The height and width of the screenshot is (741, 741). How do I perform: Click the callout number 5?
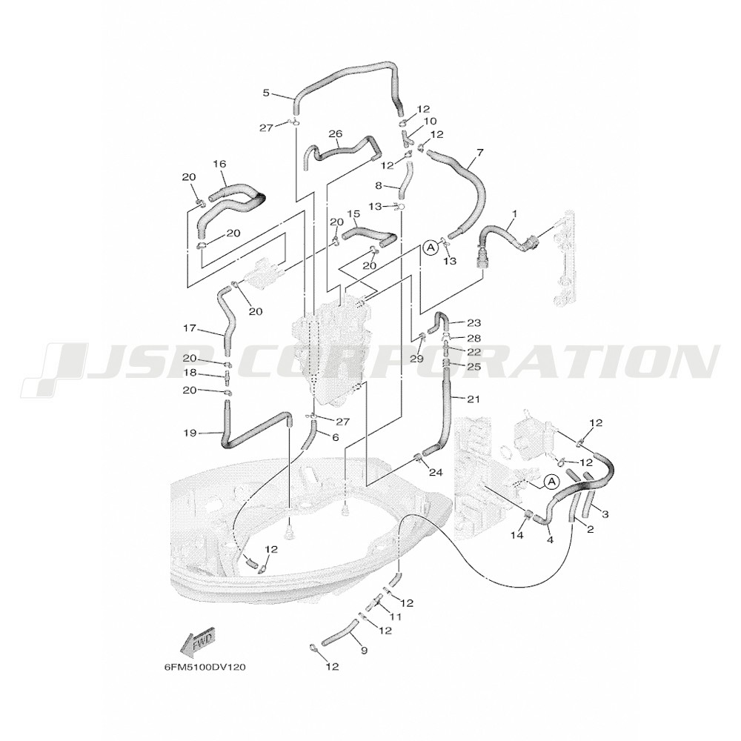[x=266, y=93]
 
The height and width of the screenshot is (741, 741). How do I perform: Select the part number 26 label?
[x=336, y=134]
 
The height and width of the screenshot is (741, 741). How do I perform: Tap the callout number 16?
[x=220, y=164]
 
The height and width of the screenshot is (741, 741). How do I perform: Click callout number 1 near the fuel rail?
[x=515, y=213]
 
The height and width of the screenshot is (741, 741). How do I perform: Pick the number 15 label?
[x=353, y=213]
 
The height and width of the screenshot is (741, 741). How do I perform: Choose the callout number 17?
[x=190, y=328]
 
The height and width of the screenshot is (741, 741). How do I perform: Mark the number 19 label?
[x=190, y=433]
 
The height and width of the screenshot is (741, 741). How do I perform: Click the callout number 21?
[x=473, y=399]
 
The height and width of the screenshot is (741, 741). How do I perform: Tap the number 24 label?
[x=436, y=471]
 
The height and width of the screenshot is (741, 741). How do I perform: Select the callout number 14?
[x=517, y=535]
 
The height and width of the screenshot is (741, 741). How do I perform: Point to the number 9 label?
[x=363, y=651]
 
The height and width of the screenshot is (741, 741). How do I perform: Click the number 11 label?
[x=395, y=617]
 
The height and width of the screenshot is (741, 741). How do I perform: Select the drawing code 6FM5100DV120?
[x=205, y=668]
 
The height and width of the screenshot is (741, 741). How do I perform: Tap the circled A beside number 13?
[x=431, y=247]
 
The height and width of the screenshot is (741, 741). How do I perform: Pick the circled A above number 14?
[x=550, y=482]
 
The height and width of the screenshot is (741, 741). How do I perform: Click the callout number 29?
[x=417, y=358]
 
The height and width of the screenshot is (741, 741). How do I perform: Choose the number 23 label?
[x=474, y=323]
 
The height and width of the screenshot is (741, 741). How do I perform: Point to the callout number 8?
[x=378, y=186]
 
